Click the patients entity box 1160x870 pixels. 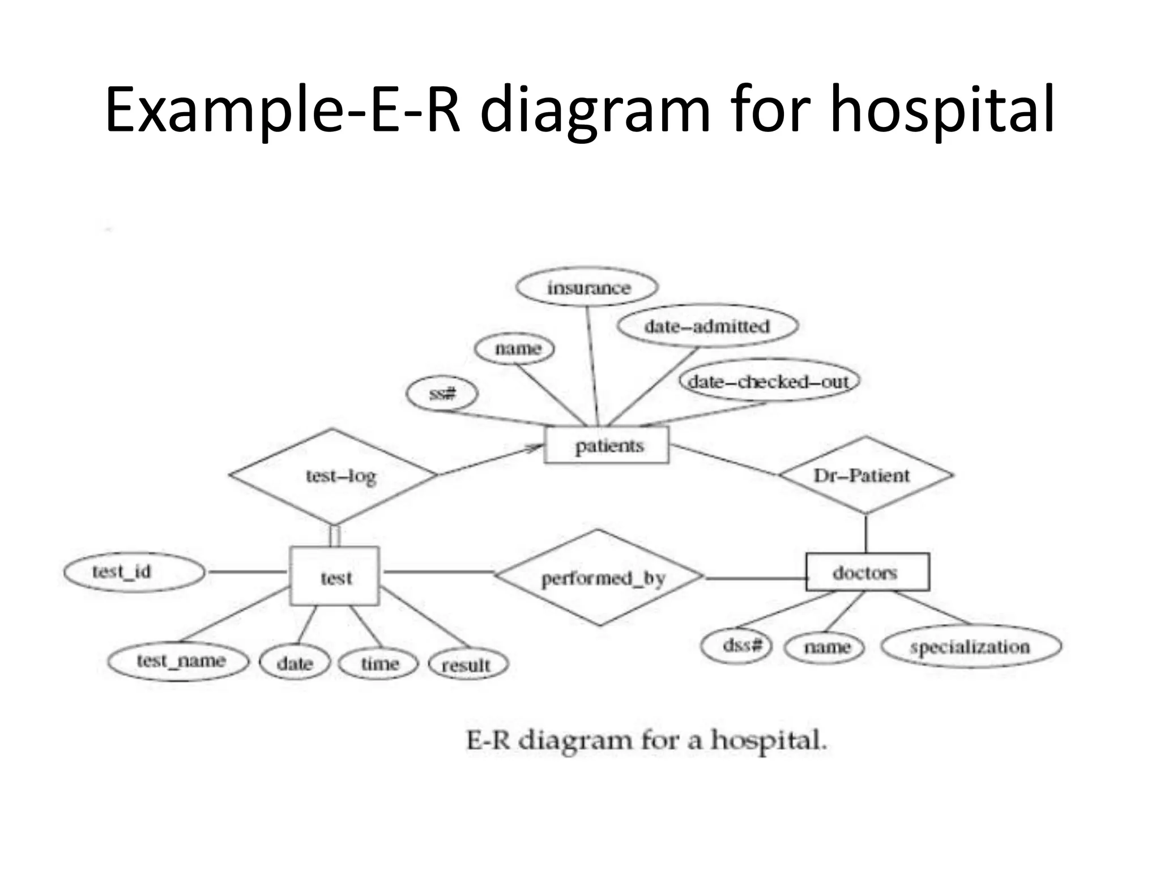pyautogui.click(x=606, y=445)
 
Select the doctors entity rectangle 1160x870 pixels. pyautogui.click(x=867, y=572)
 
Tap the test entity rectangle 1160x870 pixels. pyautogui.click(x=334, y=576)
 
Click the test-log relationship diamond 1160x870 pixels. pyautogui.click(x=334, y=476)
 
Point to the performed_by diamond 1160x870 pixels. pyautogui.click(x=599, y=577)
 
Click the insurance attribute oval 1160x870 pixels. pyautogui.click(x=587, y=287)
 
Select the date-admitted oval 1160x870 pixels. pyautogui.click(x=707, y=326)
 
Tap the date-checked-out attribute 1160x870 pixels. pyautogui.click(x=769, y=381)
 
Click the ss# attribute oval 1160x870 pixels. pyautogui.click(x=442, y=393)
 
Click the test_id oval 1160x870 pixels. pyautogui.click(x=134, y=572)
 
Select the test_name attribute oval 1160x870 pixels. pyautogui.click(x=178, y=661)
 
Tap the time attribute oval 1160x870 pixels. pyautogui.click(x=378, y=663)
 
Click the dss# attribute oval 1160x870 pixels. pyautogui.click(x=736, y=645)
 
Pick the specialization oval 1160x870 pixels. pyautogui.click(x=971, y=646)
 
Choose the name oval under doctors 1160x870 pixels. pyautogui.click(x=825, y=646)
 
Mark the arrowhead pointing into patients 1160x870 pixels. pyautogui.click(x=535, y=448)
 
